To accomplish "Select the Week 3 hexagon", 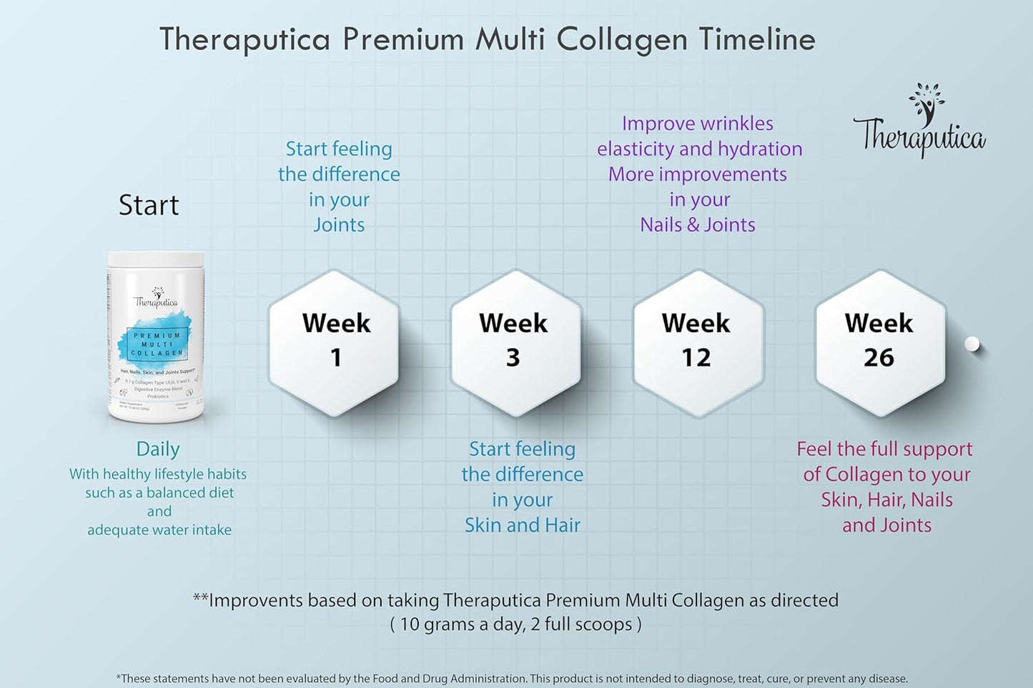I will [514, 341].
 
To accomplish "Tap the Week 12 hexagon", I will [697, 341].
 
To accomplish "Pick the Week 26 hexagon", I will [879, 341].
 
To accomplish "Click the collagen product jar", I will [157, 336].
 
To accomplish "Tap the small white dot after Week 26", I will [972, 344].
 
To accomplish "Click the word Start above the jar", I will [149, 206].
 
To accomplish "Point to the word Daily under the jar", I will [158, 449].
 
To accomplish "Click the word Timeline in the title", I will [757, 39].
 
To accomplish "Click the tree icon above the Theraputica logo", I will [927, 102].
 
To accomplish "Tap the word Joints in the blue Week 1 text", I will [339, 225].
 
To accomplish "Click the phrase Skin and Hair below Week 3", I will [523, 525].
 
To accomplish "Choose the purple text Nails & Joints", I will [698, 225].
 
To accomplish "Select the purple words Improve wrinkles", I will [698, 124].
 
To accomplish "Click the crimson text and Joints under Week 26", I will [886, 525].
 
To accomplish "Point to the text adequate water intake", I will [159, 530].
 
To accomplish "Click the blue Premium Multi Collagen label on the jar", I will [157, 344].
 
